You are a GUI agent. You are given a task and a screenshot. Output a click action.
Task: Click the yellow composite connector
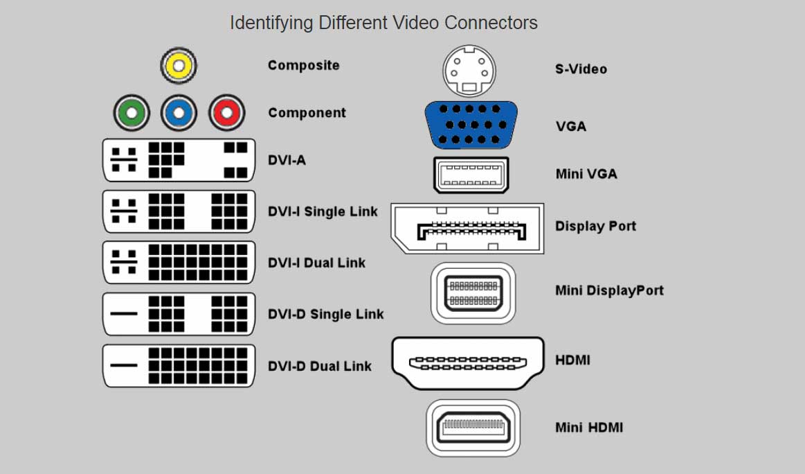click(179, 66)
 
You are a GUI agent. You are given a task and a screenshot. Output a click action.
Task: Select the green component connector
click(132, 113)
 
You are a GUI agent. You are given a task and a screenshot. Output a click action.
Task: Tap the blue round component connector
click(179, 113)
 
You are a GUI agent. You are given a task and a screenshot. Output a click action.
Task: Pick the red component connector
click(226, 113)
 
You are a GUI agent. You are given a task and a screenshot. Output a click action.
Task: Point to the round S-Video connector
click(471, 71)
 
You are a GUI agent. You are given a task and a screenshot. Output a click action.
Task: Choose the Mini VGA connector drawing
click(471, 175)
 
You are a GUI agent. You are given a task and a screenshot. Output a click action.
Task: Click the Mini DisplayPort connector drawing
click(473, 293)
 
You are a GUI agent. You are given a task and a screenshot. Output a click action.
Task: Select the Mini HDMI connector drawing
click(473, 428)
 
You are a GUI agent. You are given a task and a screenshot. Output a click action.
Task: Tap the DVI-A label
click(287, 160)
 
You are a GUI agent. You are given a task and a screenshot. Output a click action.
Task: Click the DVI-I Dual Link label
click(316, 263)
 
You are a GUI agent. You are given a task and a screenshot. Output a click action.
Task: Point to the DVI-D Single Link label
click(325, 315)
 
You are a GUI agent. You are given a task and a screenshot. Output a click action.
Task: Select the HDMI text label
click(572, 360)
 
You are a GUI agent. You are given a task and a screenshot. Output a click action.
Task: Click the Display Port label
click(595, 227)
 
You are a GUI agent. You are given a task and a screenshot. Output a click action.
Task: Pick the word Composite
click(303, 66)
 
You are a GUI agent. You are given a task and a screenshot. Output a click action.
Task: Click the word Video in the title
click(417, 23)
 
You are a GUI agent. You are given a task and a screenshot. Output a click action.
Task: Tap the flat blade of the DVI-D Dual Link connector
click(125, 365)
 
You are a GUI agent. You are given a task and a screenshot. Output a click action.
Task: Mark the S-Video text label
click(581, 69)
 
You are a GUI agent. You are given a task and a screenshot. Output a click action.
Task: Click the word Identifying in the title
click(271, 24)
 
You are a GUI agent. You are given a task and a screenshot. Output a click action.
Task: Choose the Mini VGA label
click(586, 175)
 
